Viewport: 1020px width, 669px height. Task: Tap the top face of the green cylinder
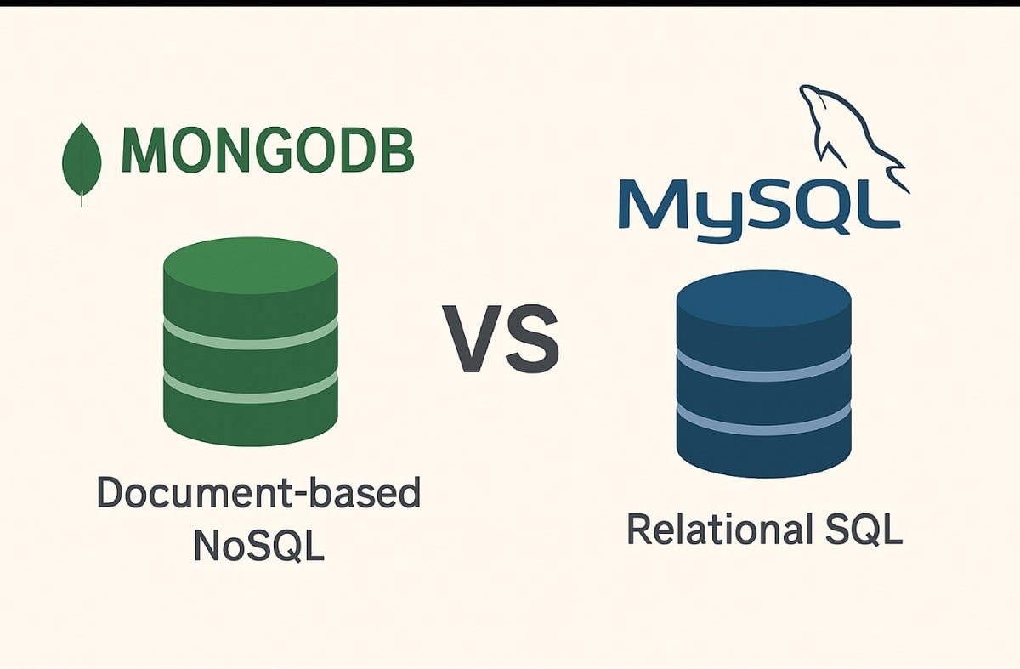pos(251,266)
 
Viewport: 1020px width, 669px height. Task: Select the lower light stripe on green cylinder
pos(251,389)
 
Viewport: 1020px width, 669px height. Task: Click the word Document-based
pos(258,494)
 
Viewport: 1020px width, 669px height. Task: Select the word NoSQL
pos(258,544)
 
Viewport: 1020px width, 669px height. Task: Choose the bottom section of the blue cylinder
pos(763,451)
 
